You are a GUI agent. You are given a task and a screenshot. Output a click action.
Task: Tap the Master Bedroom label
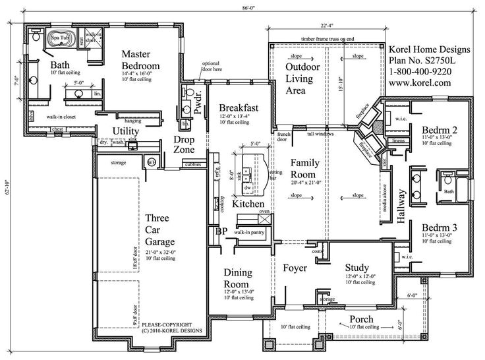141,61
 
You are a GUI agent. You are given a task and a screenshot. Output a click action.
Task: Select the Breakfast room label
238,107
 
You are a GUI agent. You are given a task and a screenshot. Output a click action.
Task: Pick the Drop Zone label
185,145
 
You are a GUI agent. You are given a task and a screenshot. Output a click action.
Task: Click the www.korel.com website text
420,83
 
